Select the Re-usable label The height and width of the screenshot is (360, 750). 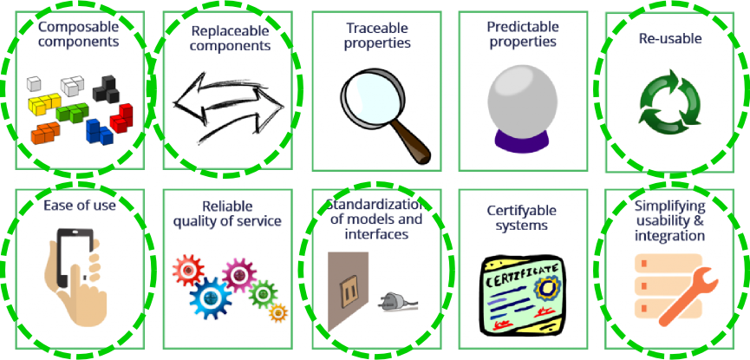point(669,38)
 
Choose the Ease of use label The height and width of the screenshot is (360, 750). point(79,206)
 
